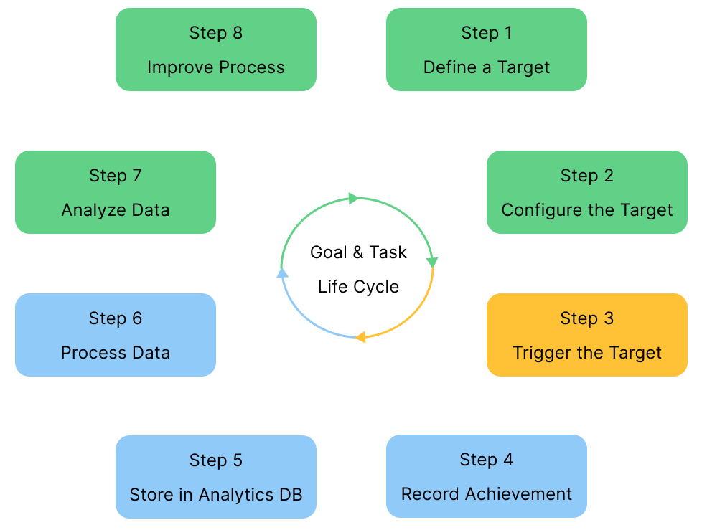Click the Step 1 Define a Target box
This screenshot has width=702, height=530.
point(487,49)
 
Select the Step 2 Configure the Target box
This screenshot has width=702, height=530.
point(587,192)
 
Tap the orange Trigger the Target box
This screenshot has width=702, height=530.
point(587,335)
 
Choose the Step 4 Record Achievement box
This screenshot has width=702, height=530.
point(487,476)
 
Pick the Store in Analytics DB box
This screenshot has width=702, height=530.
point(216,476)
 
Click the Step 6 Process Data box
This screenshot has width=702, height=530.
point(116,335)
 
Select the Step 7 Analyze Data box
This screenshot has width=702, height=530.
point(116,192)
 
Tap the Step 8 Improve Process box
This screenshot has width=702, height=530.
point(216,49)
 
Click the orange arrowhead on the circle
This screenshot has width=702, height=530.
point(361,336)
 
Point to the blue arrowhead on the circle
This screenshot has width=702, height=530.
point(283,272)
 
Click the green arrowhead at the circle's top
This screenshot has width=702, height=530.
point(353,198)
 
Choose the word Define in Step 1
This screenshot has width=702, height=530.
point(444,67)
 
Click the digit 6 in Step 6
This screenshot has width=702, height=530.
point(136,318)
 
